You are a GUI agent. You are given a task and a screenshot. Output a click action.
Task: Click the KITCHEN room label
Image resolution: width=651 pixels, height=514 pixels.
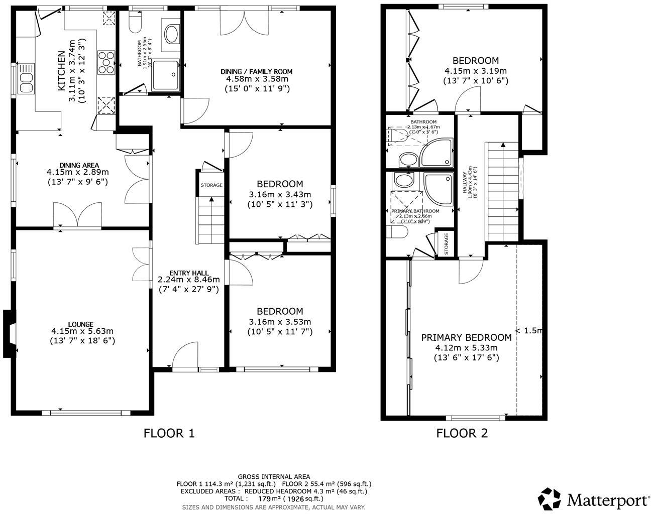click(x=61, y=71)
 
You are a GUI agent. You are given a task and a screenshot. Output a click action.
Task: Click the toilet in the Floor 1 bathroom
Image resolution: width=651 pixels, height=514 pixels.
click(x=135, y=22)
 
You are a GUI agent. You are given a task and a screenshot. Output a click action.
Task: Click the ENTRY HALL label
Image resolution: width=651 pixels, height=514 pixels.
click(x=189, y=273)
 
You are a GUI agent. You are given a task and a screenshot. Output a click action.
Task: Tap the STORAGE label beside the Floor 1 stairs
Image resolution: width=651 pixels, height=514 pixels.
click(x=211, y=185)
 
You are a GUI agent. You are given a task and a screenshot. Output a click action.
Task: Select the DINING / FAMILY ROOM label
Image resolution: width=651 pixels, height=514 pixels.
click(x=257, y=72)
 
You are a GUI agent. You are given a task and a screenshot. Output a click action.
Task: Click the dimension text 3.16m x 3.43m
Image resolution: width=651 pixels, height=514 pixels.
click(x=280, y=195)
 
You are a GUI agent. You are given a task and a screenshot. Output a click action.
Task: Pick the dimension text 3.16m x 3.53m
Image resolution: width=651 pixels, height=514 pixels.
click(x=280, y=322)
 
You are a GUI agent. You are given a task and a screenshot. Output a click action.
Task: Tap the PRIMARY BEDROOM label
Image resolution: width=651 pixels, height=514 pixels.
click(x=466, y=337)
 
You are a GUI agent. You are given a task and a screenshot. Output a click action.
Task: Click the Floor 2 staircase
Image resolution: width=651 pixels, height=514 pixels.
click(x=502, y=191)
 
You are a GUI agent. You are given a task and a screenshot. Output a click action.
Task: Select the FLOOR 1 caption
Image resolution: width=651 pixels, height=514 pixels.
click(x=169, y=433)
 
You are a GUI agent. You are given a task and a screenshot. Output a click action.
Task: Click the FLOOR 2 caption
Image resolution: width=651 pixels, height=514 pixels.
click(x=462, y=433)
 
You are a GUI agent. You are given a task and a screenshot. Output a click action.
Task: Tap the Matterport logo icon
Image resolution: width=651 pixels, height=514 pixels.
click(x=550, y=498)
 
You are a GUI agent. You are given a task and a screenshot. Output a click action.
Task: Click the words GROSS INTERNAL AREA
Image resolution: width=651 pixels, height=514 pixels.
click(x=274, y=477)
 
